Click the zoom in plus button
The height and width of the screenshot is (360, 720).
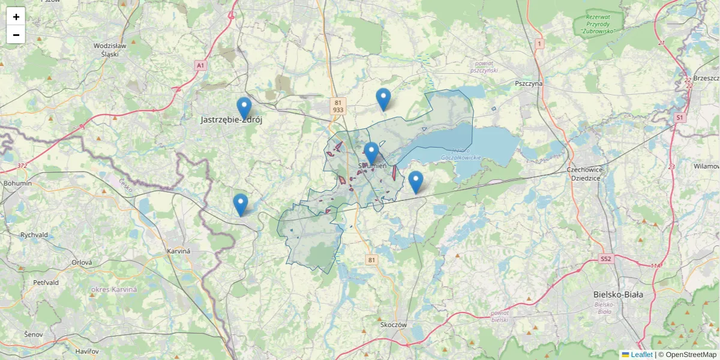[16, 17]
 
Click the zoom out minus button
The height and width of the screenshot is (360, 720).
[16, 35]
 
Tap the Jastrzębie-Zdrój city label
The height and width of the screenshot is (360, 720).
[232, 120]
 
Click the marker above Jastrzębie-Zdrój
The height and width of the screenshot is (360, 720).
[244, 108]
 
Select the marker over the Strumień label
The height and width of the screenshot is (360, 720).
[371, 153]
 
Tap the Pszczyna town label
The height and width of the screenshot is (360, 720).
[529, 83]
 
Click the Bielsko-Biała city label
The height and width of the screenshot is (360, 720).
[617, 295]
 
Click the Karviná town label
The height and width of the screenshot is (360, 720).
[178, 251]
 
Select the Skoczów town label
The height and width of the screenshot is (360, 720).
[394, 325]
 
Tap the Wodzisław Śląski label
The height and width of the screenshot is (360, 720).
[110, 49]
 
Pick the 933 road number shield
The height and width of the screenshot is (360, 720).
[338, 110]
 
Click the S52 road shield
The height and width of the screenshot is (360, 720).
[605, 259]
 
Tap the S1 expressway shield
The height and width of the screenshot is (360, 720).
[679, 118]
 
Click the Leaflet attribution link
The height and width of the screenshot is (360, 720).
[641, 355]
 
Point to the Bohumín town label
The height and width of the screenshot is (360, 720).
[13, 183]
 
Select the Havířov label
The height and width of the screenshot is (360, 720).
[87, 350]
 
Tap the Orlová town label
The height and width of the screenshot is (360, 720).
[82, 263]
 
